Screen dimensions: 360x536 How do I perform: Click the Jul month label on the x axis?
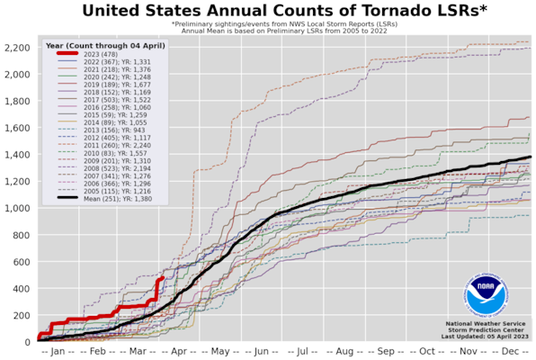click(303, 352)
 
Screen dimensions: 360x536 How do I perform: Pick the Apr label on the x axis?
click(181, 352)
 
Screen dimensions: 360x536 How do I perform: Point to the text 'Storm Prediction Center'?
click(487, 329)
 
